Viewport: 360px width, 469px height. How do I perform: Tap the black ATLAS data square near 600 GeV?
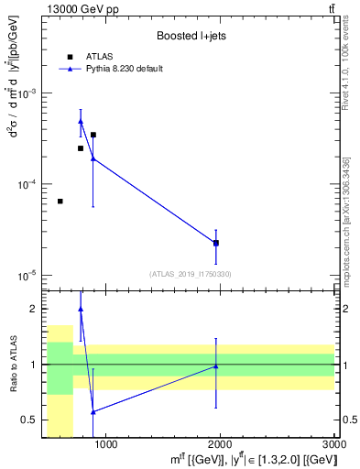click(x=60, y=202)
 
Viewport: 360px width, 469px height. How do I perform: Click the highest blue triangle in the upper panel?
click(x=81, y=120)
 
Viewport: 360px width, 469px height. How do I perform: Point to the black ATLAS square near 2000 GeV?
click(x=216, y=243)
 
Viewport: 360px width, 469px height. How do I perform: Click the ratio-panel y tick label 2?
click(x=34, y=309)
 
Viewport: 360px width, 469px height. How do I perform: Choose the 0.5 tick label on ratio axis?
click(x=30, y=420)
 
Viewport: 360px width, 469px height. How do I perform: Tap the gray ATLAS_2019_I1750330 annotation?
click(x=190, y=274)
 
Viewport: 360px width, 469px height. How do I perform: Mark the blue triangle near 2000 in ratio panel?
click(x=216, y=365)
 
